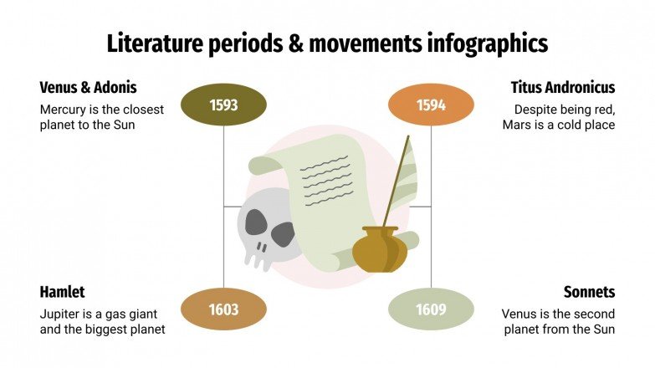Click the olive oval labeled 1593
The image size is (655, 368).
(224, 105)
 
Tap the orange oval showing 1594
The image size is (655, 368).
(431, 105)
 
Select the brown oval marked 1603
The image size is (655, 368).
(224, 309)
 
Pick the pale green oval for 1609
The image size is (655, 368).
(431, 310)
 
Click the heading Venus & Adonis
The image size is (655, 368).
(88, 87)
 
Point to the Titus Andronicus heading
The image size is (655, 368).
(563, 87)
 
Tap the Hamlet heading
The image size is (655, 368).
(62, 292)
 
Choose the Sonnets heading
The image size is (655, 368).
(589, 292)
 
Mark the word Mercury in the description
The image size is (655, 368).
(65, 110)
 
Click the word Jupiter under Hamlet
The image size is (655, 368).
(62, 314)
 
